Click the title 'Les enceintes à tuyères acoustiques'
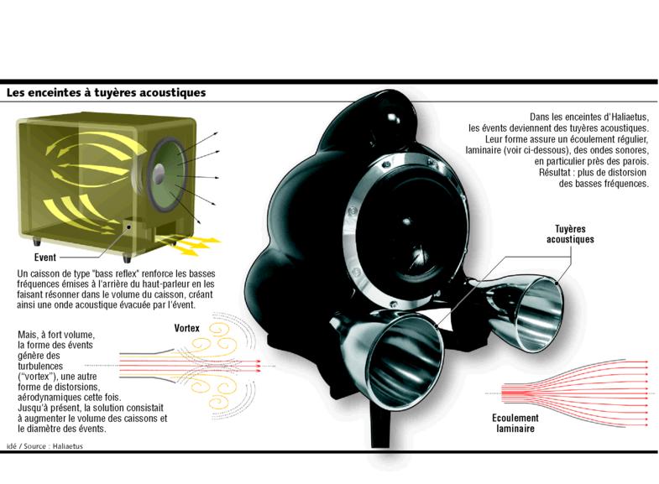(x=106, y=92)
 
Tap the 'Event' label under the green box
(x=45, y=257)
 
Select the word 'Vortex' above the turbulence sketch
(x=187, y=328)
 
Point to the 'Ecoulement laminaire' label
(x=515, y=423)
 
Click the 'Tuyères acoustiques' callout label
(x=570, y=234)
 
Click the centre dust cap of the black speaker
(x=407, y=221)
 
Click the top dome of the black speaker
(x=391, y=117)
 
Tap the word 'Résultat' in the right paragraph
(x=553, y=173)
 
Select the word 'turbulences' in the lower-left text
(x=40, y=366)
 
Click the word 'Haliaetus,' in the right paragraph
(x=630, y=117)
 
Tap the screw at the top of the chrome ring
(x=384, y=167)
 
